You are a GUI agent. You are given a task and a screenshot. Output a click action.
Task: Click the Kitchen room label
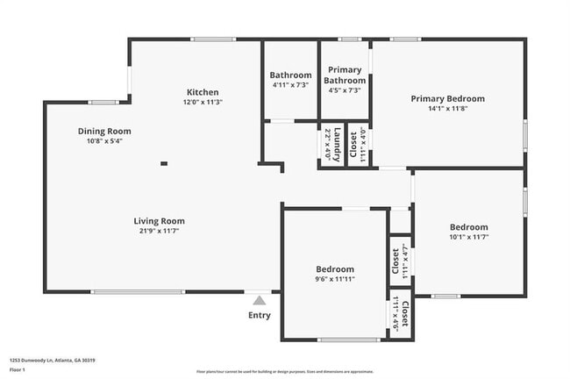point(203,92)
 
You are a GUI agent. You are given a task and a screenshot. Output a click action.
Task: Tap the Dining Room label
point(110,131)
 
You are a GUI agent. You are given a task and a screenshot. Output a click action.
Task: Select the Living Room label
point(160,221)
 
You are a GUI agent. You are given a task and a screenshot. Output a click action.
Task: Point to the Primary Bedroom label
point(447,99)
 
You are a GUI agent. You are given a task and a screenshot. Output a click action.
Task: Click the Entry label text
point(260,316)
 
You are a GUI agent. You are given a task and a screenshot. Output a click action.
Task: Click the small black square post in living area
point(164,162)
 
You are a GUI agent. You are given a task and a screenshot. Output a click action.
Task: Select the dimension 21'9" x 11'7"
point(160,232)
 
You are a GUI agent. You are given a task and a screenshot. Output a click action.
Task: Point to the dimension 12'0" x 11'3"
point(203,103)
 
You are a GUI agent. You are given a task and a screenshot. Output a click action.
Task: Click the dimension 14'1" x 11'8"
point(447,110)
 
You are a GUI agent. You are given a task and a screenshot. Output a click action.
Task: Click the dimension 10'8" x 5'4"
point(110,141)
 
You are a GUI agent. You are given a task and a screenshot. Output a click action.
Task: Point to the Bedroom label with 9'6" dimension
point(335,268)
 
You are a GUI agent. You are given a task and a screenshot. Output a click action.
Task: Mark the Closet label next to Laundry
point(353,145)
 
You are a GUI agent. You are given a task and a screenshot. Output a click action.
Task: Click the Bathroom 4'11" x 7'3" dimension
point(290,86)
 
